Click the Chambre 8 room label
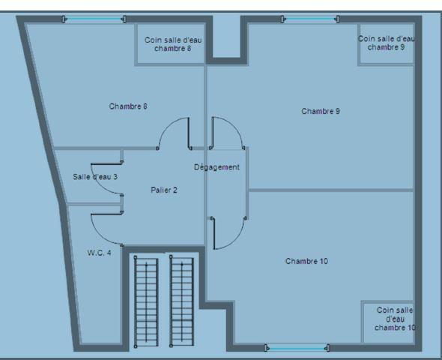tap(127, 106)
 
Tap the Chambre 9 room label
tap(321, 111)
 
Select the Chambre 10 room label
tap(306, 261)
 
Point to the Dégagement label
tap(217, 167)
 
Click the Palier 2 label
tap(163, 190)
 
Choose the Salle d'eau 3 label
tap(95, 177)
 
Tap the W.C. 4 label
tap(99, 253)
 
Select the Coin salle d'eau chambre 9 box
tap(386, 43)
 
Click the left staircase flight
tap(145, 300)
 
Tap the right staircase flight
tap(182, 300)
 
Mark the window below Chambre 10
tap(297, 347)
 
